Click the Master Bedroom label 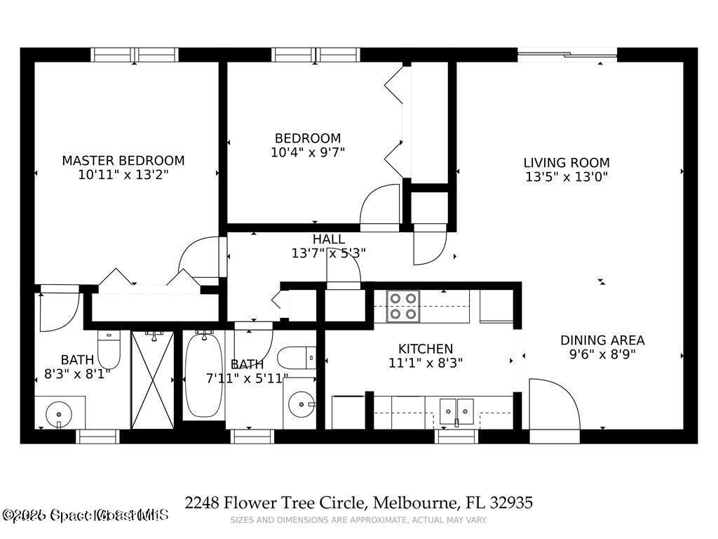point(123,161)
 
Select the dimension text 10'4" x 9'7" point(308,152)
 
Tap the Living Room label point(566,163)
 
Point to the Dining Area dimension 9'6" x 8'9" point(602,354)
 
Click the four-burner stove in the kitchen point(403,306)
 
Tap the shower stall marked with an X point(152,380)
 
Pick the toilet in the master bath point(108,348)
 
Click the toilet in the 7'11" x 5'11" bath point(296,358)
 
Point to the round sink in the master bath point(58,414)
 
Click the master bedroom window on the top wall point(135,55)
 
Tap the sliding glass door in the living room point(567,55)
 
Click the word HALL point(328,240)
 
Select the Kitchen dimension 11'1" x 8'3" point(425,363)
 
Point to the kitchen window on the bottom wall point(456,436)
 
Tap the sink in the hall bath point(302,405)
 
